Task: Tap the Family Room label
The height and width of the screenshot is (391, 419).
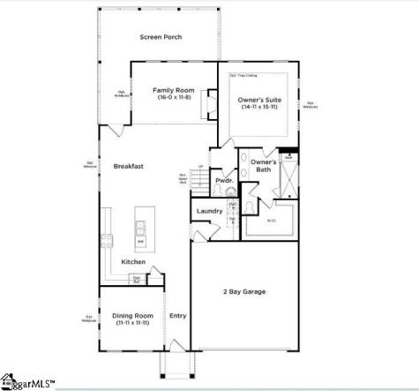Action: tap(167, 90)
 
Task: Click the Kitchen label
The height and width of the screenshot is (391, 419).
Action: tap(133, 262)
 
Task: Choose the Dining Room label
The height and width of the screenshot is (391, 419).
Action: tap(132, 315)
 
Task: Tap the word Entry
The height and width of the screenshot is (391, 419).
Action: tap(177, 315)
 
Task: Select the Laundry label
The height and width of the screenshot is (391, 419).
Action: tap(209, 211)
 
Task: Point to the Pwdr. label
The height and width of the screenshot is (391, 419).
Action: tap(223, 180)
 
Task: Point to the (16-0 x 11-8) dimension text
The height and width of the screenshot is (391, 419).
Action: tap(167, 99)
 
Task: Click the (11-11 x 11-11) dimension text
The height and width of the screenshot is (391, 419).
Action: tap(132, 323)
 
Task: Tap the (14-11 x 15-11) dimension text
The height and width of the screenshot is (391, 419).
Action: tap(259, 110)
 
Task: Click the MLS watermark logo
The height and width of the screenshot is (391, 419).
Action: tap(26, 384)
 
